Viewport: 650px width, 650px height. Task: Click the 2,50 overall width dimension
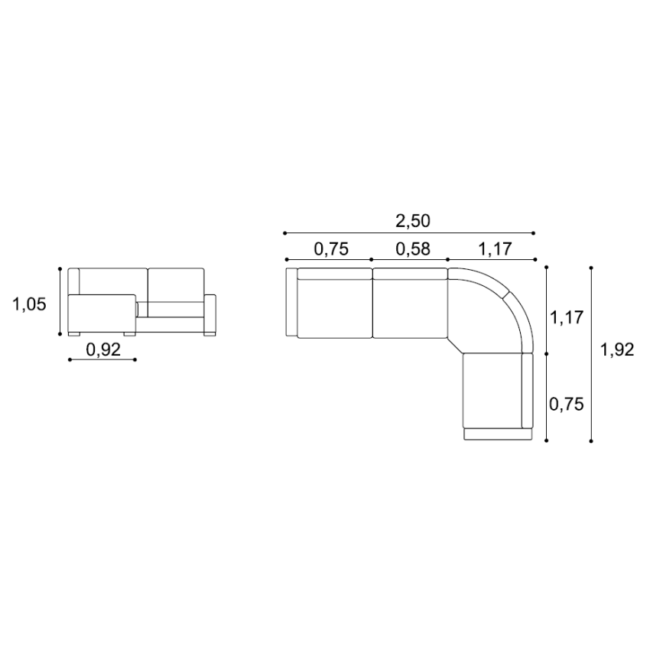(x=413, y=221)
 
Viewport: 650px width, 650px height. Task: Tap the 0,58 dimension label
(x=413, y=249)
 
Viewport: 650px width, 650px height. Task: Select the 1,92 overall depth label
(x=617, y=350)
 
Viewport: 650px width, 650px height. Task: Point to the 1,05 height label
(x=29, y=304)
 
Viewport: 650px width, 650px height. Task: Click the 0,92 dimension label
(x=103, y=350)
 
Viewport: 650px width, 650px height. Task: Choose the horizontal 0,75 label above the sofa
(x=331, y=249)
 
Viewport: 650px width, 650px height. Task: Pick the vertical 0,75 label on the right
(x=566, y=405)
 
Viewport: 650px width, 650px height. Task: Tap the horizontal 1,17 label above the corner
(x=495, y=249)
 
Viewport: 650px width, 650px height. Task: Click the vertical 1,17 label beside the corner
(x=567, y=318)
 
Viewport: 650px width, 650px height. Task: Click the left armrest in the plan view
(x=291, y=302)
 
